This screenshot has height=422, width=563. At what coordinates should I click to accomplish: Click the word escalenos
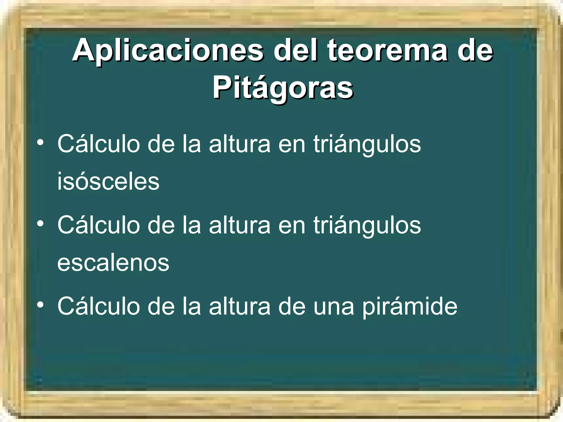pyautogui.click(x=113, y=263)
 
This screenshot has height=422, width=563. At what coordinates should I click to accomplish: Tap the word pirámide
pyautogui.click(x=410, y=307)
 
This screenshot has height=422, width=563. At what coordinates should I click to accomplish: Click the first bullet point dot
pyautogui.click(x=40, y=143)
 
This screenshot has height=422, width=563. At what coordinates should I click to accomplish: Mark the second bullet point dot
pyautogui.click(x=40, y=224)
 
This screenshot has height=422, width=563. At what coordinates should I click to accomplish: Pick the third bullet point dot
pyautogui.click(x=40, y=305)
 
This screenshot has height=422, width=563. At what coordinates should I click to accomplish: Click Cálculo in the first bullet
pyautogui.click(x=99, y=144)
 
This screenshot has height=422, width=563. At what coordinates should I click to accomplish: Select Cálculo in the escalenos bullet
pyautogui.click(x=99, y=225)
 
